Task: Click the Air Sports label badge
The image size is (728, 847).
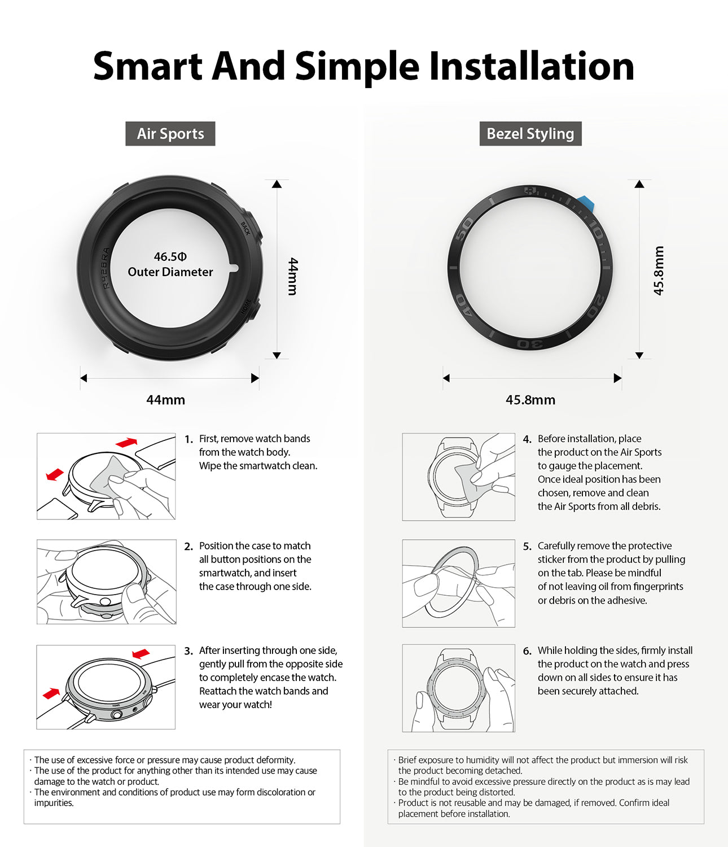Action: pyautogui.click(x=170, y=134)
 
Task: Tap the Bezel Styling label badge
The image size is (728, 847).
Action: pyautogui.click(x=530, y=134)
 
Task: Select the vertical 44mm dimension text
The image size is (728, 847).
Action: pyautogui.click(x=292, y=276)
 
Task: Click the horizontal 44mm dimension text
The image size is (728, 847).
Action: pyautogui.click(x=165, y=400)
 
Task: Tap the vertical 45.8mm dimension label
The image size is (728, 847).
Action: pyautogui.click(x=659, y=270)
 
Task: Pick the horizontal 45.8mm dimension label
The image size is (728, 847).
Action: pyautogui.click(x=530, y=400)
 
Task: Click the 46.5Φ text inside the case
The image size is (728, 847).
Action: pyautogui.click(x=170, y=257)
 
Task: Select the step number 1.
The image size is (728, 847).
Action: pyautogui.click(x=188, y=439)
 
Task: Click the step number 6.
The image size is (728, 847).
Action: pyautogui.click(x=527, y=651)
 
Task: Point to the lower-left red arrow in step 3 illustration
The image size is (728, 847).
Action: pyautogui.click(x=51, y=693)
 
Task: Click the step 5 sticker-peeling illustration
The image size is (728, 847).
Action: pyautogui.click(x=458, y=583)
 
